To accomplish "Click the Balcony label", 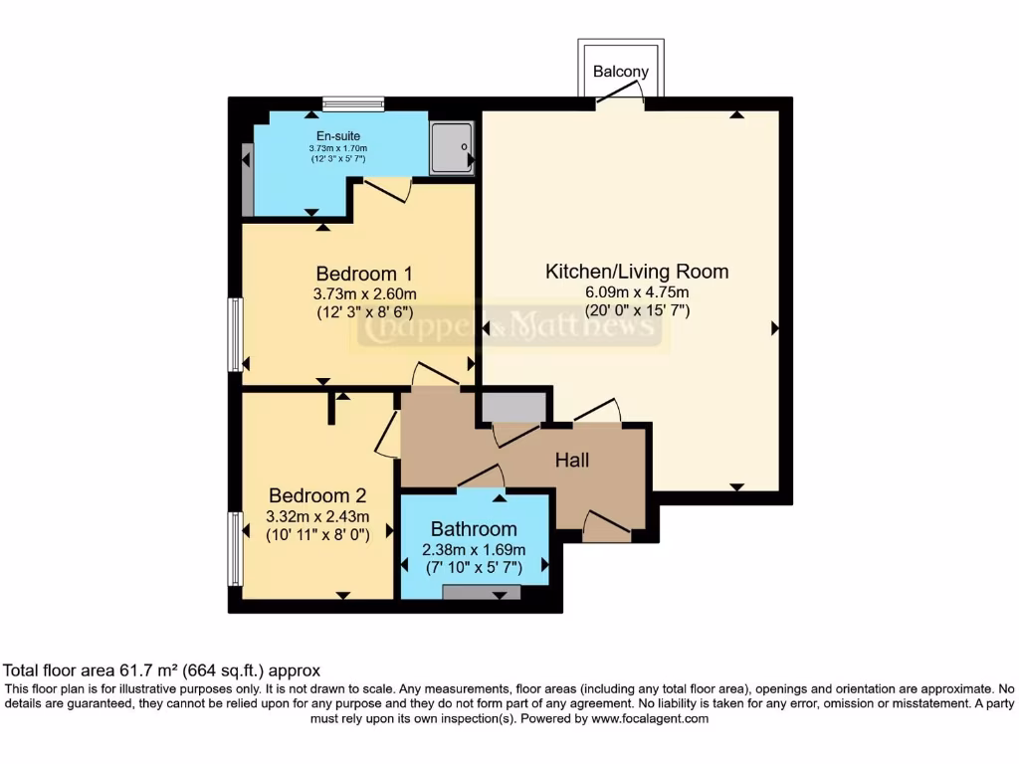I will point(621,72).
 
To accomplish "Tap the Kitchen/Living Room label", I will point(637,271).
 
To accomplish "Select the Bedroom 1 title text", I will point(364,273).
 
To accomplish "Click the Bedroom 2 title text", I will point(317,495).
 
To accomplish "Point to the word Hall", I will point(572,460).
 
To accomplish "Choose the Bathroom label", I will point(474,528).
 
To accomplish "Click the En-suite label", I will point(338,136).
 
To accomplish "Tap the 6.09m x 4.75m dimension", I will point(637,291).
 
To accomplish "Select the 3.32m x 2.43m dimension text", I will point(317,516).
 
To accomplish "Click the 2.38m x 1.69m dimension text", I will point(474,549).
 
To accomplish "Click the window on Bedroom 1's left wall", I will point(236,334).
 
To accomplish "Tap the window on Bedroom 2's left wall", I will point(236,548).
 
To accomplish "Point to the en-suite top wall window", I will point(353,102).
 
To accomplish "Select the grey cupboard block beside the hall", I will point(513,407).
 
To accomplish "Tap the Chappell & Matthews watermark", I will point(509,329).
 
